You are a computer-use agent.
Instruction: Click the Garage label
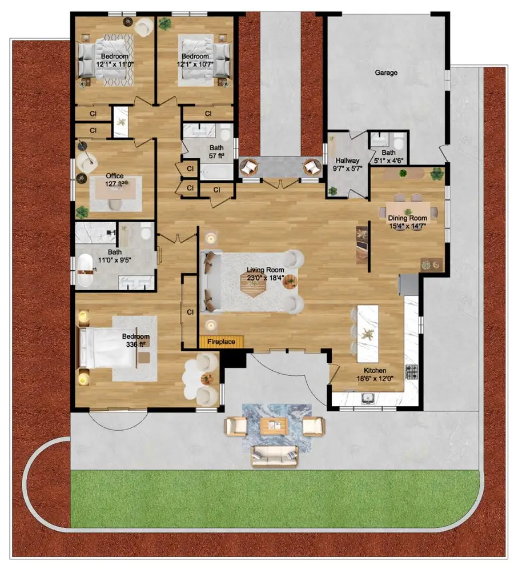point(386,73)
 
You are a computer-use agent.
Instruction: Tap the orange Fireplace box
point(221,342)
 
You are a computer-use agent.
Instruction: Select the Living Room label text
point(265,270)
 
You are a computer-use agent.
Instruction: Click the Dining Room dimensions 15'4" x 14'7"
point(407,226)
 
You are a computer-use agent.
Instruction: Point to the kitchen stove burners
point(412,372)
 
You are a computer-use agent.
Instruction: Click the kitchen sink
point(368,398)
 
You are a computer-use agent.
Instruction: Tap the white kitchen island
point(368,334)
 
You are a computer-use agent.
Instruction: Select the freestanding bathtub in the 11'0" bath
point(85,270)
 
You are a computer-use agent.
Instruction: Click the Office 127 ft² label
point(115,180)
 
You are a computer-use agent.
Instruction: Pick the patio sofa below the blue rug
point(275,456)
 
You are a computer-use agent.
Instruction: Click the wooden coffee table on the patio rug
point(274,426)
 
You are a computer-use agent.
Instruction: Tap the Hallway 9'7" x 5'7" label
point(347,165)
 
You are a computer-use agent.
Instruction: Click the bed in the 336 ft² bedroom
point(107,348)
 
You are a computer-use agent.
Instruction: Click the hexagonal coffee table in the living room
point(253,285)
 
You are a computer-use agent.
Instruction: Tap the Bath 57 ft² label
point(216,152)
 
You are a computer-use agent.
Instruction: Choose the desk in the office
point(115,190)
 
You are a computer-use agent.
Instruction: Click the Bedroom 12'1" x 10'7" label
point(195,60)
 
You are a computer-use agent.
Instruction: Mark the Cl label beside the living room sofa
point(190,312)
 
